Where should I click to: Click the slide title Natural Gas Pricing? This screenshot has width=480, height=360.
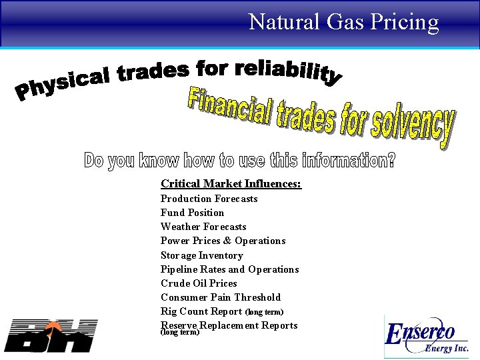[x=343, y=22]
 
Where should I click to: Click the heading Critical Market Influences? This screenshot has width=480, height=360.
[x=231, y=183]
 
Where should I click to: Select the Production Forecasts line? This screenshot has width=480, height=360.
[x=209, y=199]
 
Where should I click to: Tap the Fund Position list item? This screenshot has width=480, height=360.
[x=192, y=213]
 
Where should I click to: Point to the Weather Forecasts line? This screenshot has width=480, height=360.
[x=203, y=227]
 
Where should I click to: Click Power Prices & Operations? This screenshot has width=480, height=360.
[x=223, y=241]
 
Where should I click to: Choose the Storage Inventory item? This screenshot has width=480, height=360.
[x=201, y=255]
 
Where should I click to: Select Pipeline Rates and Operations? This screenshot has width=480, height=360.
[x=229, y=269]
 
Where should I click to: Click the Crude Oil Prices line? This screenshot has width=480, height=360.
[x=199, y=283]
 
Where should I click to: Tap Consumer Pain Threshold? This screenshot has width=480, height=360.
[x=220, y=297]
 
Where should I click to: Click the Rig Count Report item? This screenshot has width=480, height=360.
[x=201, y=311]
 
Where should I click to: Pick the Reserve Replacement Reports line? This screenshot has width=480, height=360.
[x=229, y=325]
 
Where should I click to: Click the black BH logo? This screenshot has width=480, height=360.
[x=51, y=335]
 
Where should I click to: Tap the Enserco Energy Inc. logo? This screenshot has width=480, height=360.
[x=426, y=337]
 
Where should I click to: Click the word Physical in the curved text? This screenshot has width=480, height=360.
[x=61, y=86]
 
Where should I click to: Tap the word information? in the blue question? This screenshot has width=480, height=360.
[x=348, y=161]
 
